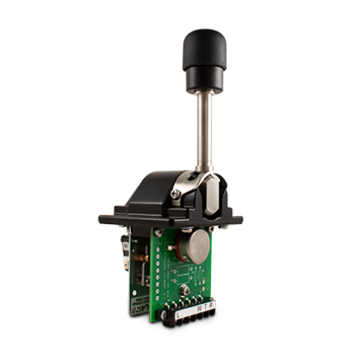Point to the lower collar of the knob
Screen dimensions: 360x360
pos(205,78)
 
